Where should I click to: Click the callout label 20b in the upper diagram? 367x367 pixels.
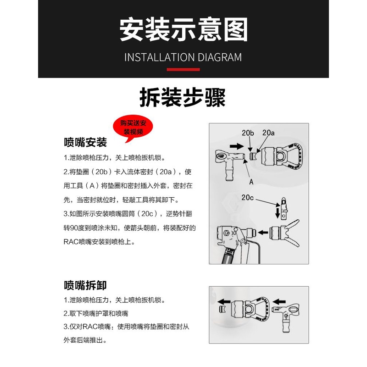coord(248,133)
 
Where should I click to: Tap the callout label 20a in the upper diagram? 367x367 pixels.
coord(268,133)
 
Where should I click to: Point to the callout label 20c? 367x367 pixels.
coord(247,198)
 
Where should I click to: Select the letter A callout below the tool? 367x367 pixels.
coord(251,182)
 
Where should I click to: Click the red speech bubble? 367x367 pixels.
coord(133,128)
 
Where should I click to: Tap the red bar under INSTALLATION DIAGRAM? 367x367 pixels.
coord(183,70)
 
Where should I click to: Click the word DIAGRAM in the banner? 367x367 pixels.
coord(220,58)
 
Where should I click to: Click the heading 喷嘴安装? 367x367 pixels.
coord(85,142)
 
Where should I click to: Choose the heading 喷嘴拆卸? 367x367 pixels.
coord(85,285)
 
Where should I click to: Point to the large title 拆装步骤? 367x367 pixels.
coord(183,97)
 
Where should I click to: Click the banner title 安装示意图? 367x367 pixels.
coord(183,30)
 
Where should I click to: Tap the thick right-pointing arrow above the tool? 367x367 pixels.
coord(237,146)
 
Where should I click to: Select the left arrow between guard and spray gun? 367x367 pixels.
coord(263,233)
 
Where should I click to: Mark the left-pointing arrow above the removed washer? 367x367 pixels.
coord(224,301)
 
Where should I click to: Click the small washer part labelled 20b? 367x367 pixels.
coord(251,156)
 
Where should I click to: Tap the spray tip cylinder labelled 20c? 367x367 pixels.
coord(284,208)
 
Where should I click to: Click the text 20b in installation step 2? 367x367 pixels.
coord(101,172)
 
